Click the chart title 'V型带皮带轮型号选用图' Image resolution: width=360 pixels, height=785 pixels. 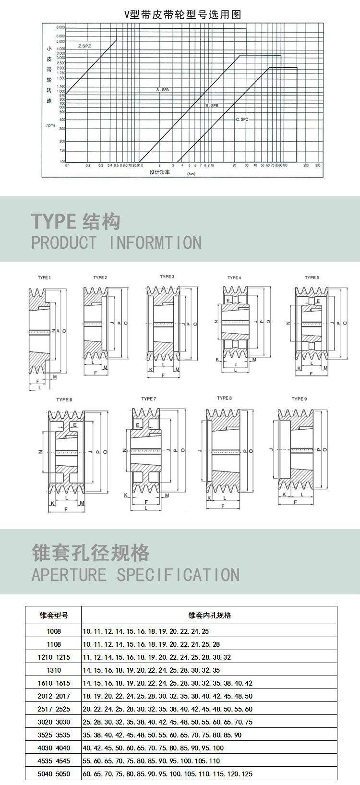(x=182, y=14)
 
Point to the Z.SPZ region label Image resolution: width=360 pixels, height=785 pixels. (x=84, y=46)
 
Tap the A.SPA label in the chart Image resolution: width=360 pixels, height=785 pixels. (x=163, y=90)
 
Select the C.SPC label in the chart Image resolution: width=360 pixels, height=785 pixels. (x=241, y=119)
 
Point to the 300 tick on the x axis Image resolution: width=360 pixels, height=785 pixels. (x=318, y=165)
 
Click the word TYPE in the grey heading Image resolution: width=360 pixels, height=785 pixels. (x=53, y=221)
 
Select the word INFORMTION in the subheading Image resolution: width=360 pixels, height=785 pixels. (x=156, y=242)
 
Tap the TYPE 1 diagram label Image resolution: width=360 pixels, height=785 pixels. (x=44, y=278)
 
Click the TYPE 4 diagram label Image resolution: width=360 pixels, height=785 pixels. (x=234, y=278)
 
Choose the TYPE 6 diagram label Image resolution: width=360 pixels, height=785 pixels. (x=64, y=399)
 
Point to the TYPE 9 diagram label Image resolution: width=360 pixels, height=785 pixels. (x=300, y=399)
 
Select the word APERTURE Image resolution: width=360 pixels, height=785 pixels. (x=69, y=575)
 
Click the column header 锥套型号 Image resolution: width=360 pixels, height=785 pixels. (x=53, y=615)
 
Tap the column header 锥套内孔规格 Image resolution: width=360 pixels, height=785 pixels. (x=209, y=615)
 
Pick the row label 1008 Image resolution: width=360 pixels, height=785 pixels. (x=53, y=631)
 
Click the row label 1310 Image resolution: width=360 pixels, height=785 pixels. (x=53, y=670)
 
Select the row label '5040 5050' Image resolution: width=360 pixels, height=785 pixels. (x=53, y=773)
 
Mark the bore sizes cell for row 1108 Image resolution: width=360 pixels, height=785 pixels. (x=152, y=644)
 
